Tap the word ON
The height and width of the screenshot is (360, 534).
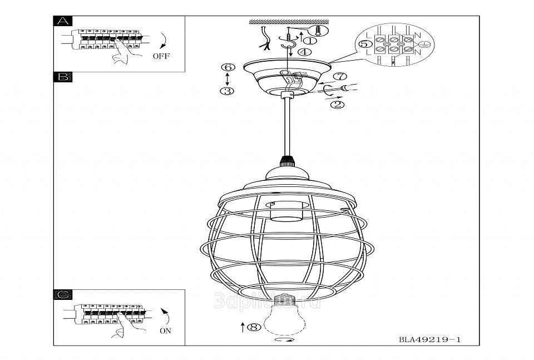click(165, 330)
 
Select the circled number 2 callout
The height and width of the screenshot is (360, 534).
click(337, 103)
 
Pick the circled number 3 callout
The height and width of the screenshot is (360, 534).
click(226, 91)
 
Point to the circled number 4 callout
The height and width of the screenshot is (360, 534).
click(304, 52)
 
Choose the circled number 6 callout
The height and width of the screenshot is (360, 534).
click(226, 67)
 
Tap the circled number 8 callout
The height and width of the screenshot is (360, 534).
click(254, 328)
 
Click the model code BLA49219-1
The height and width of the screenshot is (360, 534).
click(431, 339)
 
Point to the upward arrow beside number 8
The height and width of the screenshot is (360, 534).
click(243, 327)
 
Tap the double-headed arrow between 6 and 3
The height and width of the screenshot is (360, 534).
click(226, 78)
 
